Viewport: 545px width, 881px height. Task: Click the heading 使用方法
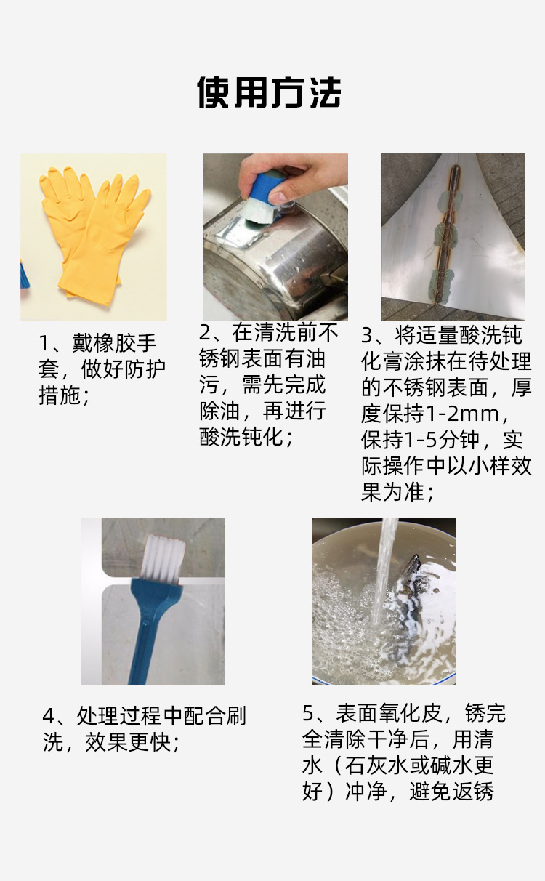point(269,92)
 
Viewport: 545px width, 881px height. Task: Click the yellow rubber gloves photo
point(94,237)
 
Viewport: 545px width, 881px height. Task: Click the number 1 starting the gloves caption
point(44,343)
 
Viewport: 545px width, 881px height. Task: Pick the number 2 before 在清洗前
point(205,333)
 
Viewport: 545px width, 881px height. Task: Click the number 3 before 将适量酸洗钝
point(367,336)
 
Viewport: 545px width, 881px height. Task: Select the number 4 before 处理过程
point(49,716)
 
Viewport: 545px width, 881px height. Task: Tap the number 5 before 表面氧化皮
point(308,713)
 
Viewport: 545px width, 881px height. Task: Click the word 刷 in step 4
point(236,716)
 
